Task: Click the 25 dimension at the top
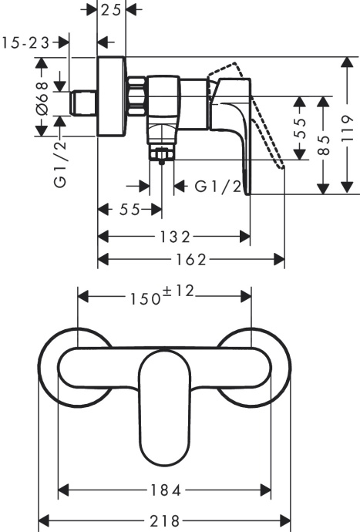click(112, 10)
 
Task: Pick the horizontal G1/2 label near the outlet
click(217, 186)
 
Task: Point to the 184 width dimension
click(165, 490)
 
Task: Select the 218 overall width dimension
click(165, 520)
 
